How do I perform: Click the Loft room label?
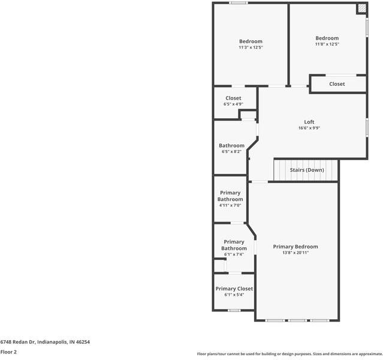tap(309, 122)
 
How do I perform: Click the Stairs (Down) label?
tap(307, 170)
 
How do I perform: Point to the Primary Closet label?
tap(234, 288)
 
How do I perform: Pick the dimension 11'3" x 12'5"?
tap(251, 47)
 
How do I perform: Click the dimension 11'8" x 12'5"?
tap(327, 44)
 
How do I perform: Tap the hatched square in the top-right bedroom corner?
tap(361, 8)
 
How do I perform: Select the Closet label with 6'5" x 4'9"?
tap(233, 98)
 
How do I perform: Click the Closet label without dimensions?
tap(337, 84)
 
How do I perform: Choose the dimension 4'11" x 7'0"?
tap(230, 205)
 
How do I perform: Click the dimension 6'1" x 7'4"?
tap(234, 254)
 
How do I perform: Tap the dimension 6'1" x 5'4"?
tap(234, 295)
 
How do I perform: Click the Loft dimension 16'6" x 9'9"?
tap(309, 128)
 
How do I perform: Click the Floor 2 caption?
tap(8, 352)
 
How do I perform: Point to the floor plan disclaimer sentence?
tap(289, 354)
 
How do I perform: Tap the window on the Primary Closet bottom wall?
tap(234, 310)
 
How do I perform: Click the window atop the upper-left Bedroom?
tap(239, 3)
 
